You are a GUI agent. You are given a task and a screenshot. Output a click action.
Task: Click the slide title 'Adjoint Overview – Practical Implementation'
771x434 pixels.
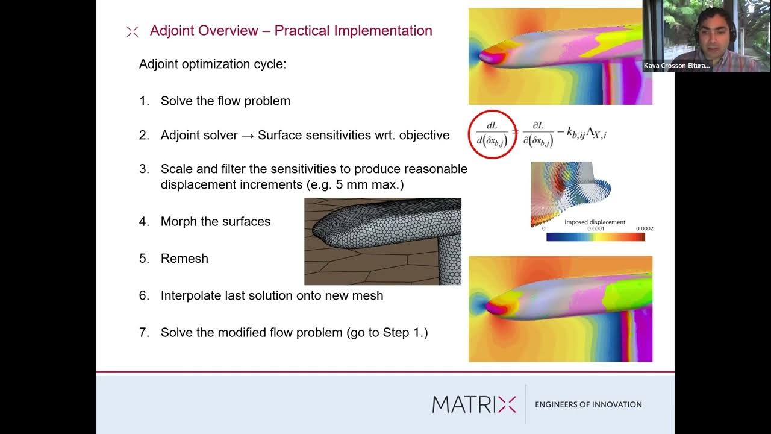tap(291, 31)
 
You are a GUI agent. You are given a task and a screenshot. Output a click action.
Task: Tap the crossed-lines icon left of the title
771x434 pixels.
tap(133, 32)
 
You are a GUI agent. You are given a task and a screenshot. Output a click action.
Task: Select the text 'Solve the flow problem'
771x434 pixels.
tap(225, 101)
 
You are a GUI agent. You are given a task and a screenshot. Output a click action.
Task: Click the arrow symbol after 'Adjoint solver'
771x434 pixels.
tap(248, 136)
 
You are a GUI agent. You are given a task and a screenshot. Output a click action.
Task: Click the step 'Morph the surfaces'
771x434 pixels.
tap(215, 222)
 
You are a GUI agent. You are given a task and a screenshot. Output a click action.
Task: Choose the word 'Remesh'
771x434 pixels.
tap(184, 259)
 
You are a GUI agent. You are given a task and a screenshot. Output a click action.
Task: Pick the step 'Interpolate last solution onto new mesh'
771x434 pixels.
tap(272, 295)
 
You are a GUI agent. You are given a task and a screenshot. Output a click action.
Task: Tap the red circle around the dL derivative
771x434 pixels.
tap(492, 134)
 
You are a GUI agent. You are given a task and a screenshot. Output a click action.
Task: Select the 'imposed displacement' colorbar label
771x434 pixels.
tap(595, 222)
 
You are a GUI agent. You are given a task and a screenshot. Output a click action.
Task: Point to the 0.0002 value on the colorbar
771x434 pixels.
tap(644, 228)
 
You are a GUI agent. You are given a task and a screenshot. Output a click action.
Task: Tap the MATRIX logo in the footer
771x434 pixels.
tap(474, 404)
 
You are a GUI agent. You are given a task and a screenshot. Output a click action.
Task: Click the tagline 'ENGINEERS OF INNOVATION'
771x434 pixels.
tap(588, 404)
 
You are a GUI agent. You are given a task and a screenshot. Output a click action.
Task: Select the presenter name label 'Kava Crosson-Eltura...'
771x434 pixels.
tap(676, 66)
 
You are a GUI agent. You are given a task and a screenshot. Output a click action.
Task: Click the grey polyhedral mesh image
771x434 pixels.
tap(382, 241)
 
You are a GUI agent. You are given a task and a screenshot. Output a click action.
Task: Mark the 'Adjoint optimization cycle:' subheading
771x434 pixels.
tap(213, 64)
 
